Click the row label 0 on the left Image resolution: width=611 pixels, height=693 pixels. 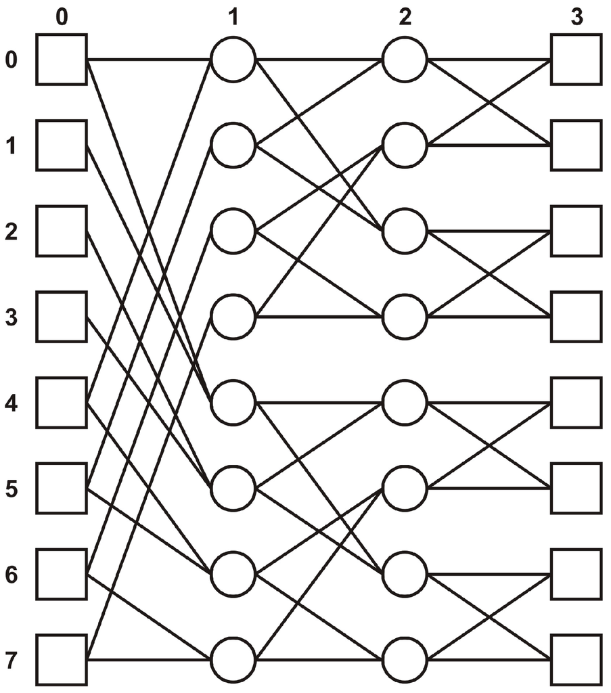coord(11,60)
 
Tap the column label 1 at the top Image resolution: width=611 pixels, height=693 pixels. coord(233,17)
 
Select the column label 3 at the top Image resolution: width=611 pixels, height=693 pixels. coord(576,17)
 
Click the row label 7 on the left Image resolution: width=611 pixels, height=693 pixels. coord(11,660)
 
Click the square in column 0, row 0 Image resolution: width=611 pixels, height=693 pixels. coord(61,60)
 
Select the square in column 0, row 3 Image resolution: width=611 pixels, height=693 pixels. coord(61,316)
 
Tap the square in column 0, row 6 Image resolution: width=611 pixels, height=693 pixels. coord(61,574)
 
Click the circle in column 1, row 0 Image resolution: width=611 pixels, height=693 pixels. coord(233,60)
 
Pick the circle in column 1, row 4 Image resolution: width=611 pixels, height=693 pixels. coord(233,402)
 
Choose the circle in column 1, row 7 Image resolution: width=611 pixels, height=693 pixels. coord(233,659)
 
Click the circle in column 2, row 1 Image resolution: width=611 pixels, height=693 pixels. coord(405,145)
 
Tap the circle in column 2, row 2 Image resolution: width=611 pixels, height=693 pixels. coord(405,231)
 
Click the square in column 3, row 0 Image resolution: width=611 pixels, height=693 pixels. coord(576,60)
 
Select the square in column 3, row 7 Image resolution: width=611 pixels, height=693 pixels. coord(576,659)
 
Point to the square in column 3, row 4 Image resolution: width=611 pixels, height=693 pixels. coord(576,402)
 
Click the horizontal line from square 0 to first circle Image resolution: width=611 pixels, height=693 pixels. coord(149,60)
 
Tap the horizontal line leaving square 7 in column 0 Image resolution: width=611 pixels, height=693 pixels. coord(149,659)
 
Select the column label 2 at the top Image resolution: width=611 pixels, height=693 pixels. coord(405,17)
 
